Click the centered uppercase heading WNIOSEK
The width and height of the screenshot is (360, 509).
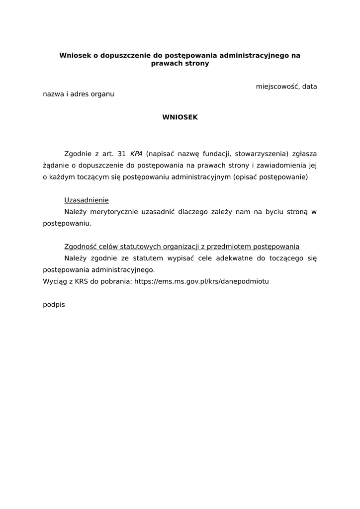180,117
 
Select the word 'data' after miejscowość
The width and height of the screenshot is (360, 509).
309,86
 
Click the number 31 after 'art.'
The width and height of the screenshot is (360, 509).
121,154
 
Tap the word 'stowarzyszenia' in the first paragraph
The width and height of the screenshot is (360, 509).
261,154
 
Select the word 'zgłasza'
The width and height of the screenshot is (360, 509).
305,154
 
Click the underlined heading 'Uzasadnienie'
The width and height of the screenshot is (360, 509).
87,200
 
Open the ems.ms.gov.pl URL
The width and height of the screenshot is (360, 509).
202,281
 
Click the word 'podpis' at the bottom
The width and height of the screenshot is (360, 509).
54,305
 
